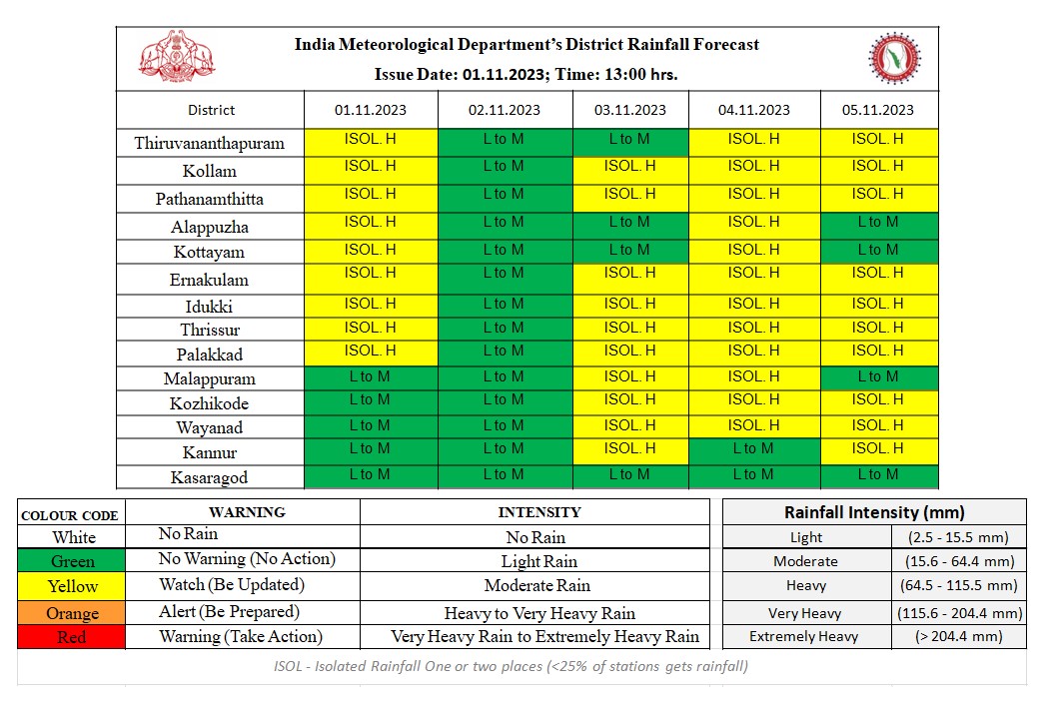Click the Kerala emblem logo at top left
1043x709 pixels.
tap(176, 59)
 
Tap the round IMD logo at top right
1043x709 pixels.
tap(894, 59)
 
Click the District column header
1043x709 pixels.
tap(211, 110)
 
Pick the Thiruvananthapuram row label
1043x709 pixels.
tap(210, 143)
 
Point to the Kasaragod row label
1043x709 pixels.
tap(210, 477)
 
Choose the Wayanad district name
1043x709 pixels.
tap(210, 427)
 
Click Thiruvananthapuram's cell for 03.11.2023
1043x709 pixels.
tap(628, 141)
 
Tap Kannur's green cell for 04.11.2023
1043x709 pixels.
tap(752, 449)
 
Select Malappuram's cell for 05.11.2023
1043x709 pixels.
tap(878, 377)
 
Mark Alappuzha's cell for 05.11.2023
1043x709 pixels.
tap(878, 223)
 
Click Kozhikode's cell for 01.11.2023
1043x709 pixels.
tap(370, 400)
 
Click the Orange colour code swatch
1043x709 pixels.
tap(72, 612)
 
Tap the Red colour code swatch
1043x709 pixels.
tap(72, 637)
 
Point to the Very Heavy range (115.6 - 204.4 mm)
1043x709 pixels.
tap(968, 613)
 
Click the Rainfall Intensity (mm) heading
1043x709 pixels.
tap(874, 512)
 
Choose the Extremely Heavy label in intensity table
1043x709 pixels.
tap(804, 637)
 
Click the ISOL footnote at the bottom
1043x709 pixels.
tap(510, 666)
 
